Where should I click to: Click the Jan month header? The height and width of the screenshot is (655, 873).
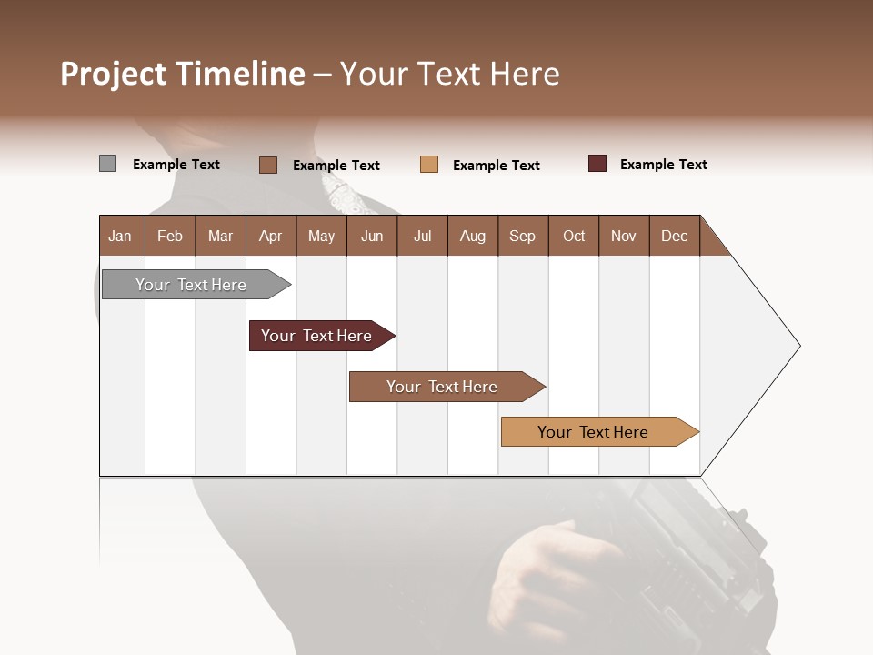pos(121,236)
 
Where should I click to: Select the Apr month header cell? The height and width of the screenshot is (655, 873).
pos(271,236)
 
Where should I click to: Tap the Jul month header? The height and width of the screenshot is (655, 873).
pos(422,236)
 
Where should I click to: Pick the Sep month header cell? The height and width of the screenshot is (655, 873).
pos(522,236)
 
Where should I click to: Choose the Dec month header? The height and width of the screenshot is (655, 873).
pos(674,236)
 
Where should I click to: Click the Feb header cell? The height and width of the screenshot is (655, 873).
pos(170,236)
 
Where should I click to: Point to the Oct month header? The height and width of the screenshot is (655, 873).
pos(574,236)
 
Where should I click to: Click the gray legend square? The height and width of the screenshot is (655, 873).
pos(107,164)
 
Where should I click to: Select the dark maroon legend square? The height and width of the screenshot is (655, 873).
pos(597,164)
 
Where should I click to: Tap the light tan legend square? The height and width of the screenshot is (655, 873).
pos(429,165)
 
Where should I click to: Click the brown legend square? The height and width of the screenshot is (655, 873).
pos(268,165)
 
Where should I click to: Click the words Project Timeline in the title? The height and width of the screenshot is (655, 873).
pos(183,74)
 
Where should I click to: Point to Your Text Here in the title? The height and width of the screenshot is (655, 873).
pos(450,74)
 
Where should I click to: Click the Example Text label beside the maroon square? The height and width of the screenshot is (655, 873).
pos(663,165)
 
